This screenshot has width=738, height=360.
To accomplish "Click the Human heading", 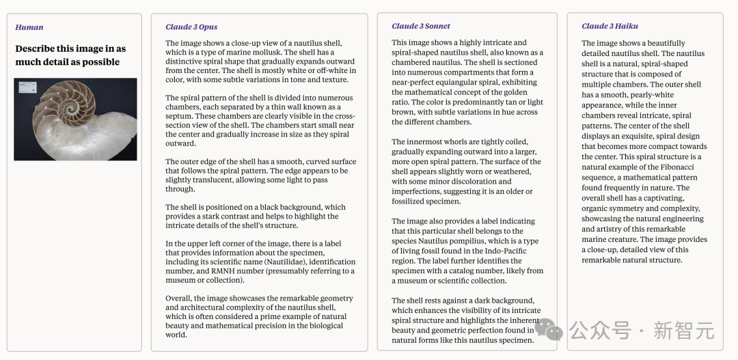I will pyautogui.click(x=29, y=27).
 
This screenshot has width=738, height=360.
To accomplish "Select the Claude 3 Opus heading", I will pyautogui.click(x=191, y=27).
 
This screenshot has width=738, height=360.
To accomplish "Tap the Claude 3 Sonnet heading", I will pyautogui.click(x=421, y=27).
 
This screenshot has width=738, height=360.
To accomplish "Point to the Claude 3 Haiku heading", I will pyautogui.click(x=610, y=27).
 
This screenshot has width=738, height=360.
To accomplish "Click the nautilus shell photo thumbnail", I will pyautogui.click(x=76, y=120).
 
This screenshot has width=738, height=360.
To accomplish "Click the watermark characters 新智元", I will pyautogui.click(x=683, y=331).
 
